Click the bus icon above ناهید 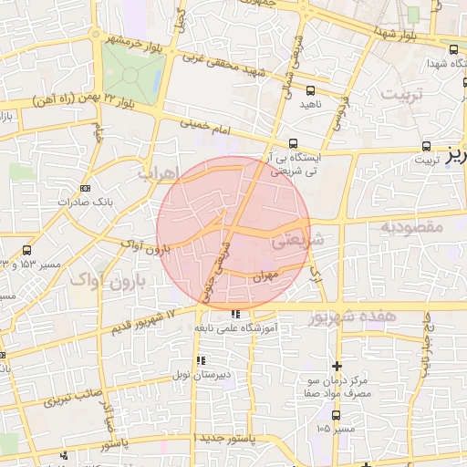pyautogui.click(x=310, y=90)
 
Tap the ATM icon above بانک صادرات pyautogui.click(x=86, y=188)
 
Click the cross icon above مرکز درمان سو pyautogui.click(x=337, y=365)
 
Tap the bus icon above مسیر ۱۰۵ pyautogui.click(x=318, y=413)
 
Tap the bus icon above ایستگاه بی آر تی pyautogui.click(x=293, y=143)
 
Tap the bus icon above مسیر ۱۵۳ pyautogui.click(x=26, y=250)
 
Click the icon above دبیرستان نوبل pyautogui.click(x=200, y=360)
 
